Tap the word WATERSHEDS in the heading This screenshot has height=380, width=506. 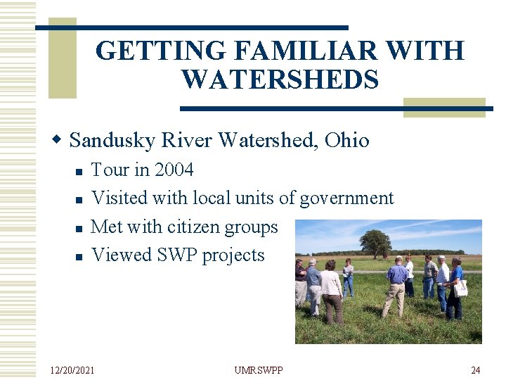tap(280, 80)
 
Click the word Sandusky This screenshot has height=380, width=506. tap(112, 140)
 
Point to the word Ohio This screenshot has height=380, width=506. tap(346, 140)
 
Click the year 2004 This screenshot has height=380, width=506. tap(174, 170)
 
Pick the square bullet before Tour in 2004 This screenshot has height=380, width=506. tap(78, 171)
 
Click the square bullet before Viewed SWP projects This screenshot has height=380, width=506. tap(78, 256)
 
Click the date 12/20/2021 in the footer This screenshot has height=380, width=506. tap(72, 369)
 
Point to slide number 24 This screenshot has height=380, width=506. tap(475, 369)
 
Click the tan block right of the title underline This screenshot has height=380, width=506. tap(444, 107)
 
